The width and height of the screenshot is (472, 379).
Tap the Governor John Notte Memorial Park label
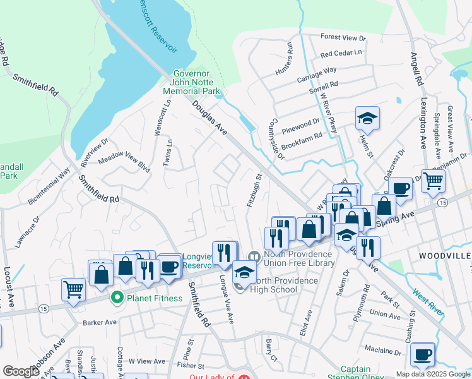coord(192,82)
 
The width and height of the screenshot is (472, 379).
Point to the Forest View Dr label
coord(343,38)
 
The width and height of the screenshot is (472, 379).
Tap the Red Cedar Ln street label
coord(341,54)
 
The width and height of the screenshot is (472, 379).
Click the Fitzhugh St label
coord(253,190)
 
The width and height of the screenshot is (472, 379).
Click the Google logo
coord(21,371)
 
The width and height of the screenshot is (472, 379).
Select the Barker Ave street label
coord(100,322)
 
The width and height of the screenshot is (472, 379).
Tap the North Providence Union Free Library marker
coord(254,256)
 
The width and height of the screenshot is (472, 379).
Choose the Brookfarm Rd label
coord(302,135)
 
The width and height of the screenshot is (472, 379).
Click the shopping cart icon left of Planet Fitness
coord(73,289)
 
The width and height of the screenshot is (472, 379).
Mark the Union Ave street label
coord(385,313)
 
